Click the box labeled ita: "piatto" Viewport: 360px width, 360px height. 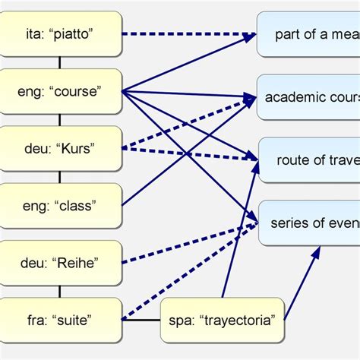[x=61, y=34]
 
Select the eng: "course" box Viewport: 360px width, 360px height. [x=61, y=91]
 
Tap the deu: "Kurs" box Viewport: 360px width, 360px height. [x=61, y=148]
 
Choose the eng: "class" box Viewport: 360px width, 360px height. [x=61, y=205]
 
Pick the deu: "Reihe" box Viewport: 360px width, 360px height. [x=61, y=263]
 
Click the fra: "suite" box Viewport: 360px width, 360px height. [x=61, y=320]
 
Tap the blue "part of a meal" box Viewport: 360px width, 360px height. [x=308, y=35]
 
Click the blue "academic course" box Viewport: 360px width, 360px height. [x=308, y=97]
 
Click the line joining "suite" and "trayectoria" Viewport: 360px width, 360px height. [x=141, y=320]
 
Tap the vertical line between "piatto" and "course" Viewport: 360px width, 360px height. [x=61, y=63]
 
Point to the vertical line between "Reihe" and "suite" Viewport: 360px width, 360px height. [x=61, y=292]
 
